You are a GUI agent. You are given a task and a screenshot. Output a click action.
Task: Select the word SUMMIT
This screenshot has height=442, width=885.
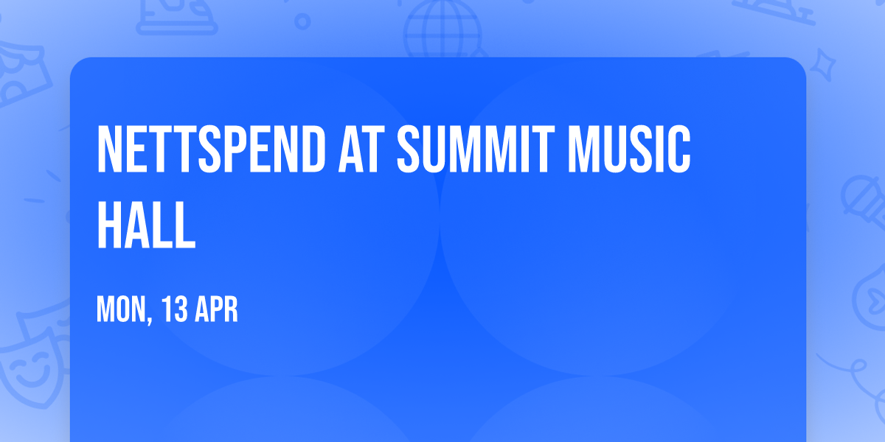[470, 150]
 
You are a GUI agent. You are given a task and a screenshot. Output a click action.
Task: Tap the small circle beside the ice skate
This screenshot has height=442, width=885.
[302, 21]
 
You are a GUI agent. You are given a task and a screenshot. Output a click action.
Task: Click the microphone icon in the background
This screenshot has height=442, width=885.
[860, 195]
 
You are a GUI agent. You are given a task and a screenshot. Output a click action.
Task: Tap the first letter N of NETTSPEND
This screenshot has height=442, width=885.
[111, 150]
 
